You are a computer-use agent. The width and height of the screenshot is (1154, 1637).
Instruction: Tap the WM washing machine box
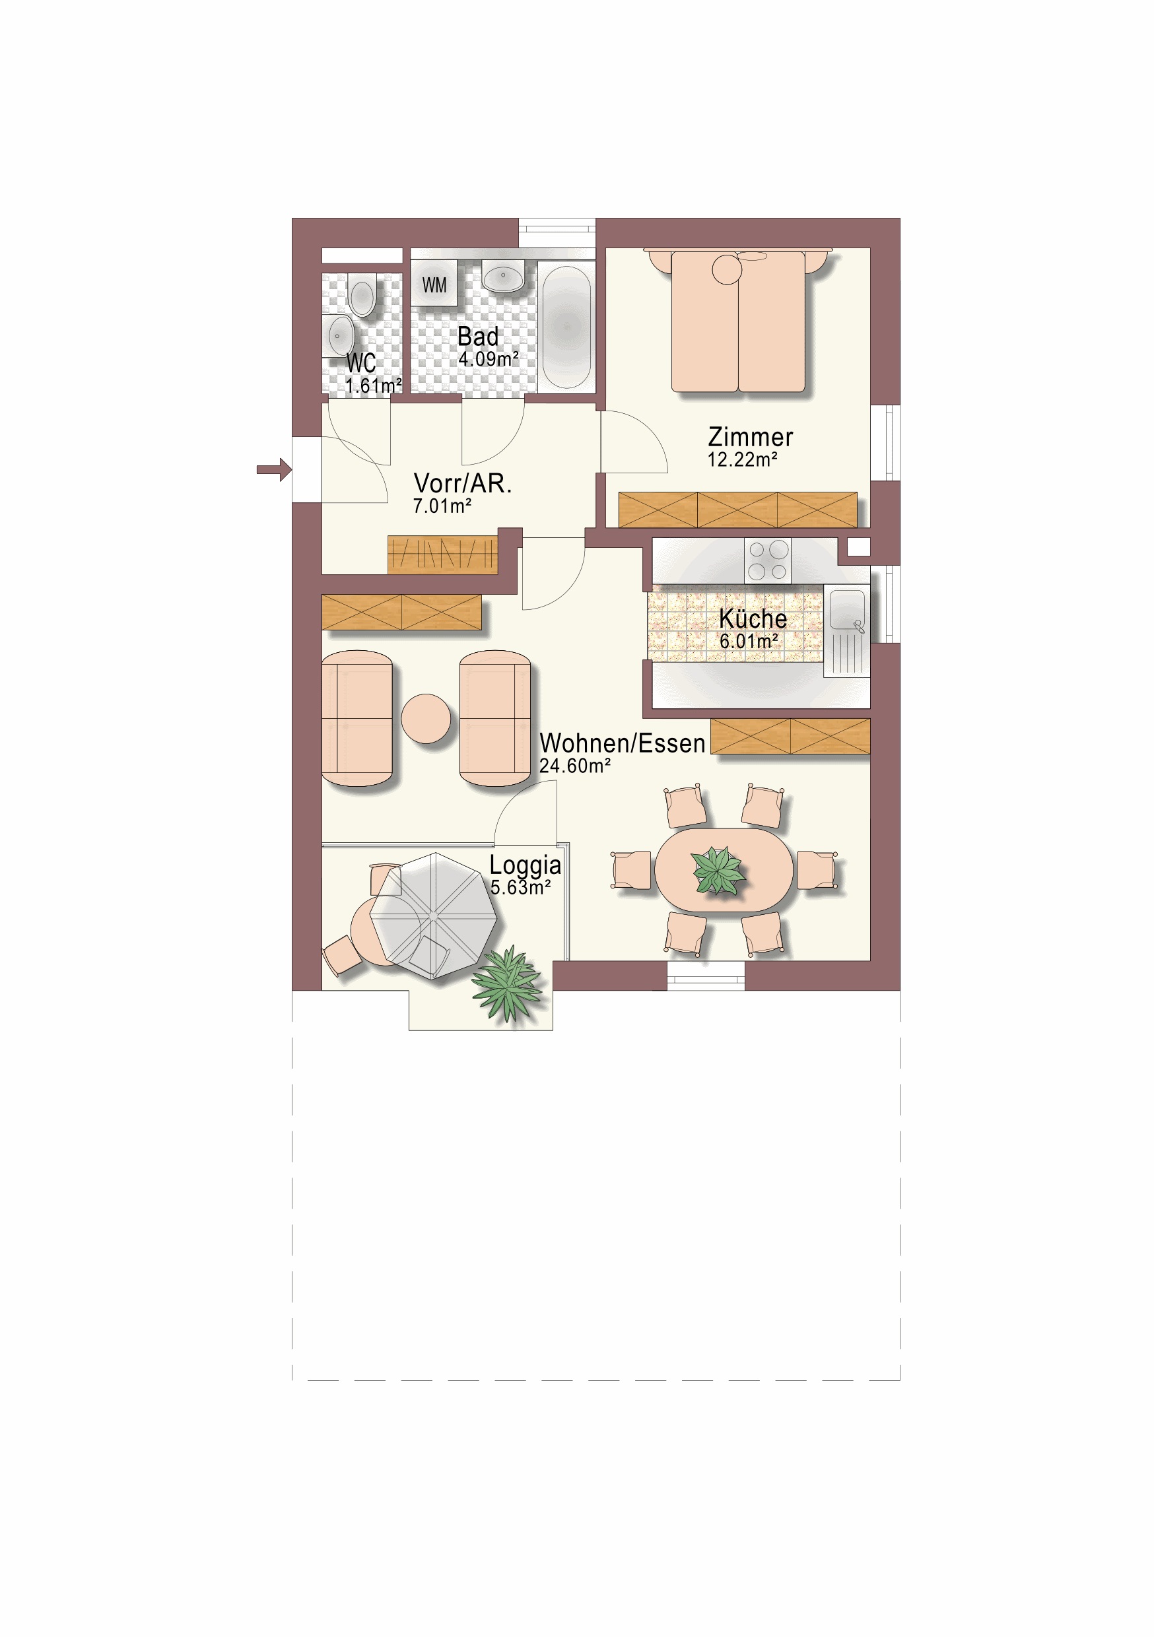(434, 283)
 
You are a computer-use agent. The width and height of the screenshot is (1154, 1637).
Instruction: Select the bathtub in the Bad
(567, 327)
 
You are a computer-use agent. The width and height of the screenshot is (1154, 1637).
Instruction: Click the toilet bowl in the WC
(362, 296)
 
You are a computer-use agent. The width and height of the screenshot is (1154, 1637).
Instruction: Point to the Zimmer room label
(751, 437)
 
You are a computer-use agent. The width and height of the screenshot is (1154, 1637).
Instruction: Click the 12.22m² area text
(742, 460)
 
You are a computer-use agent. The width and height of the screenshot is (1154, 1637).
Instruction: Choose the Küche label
(753, 618)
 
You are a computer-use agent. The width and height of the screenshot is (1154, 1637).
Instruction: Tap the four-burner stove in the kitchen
(767, 560)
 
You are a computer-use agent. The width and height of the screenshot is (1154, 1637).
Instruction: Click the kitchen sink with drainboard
(846, 630)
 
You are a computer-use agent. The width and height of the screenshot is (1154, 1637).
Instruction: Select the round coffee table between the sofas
(426, 719)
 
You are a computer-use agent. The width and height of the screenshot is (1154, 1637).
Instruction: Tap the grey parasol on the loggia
(434, 916)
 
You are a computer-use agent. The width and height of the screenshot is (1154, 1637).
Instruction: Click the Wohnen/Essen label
(622, 744)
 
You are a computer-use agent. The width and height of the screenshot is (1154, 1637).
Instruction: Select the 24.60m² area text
(575, 766)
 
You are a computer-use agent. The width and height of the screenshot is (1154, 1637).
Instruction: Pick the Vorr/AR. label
(463, 483)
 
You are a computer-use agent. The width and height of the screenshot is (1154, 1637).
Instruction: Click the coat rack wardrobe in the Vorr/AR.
(442, 554)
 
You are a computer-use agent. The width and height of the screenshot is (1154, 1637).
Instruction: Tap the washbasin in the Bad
(504, 275)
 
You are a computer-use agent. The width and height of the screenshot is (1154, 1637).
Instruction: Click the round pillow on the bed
(727, 269)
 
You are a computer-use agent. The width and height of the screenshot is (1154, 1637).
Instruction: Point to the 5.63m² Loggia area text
(521, 888)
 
